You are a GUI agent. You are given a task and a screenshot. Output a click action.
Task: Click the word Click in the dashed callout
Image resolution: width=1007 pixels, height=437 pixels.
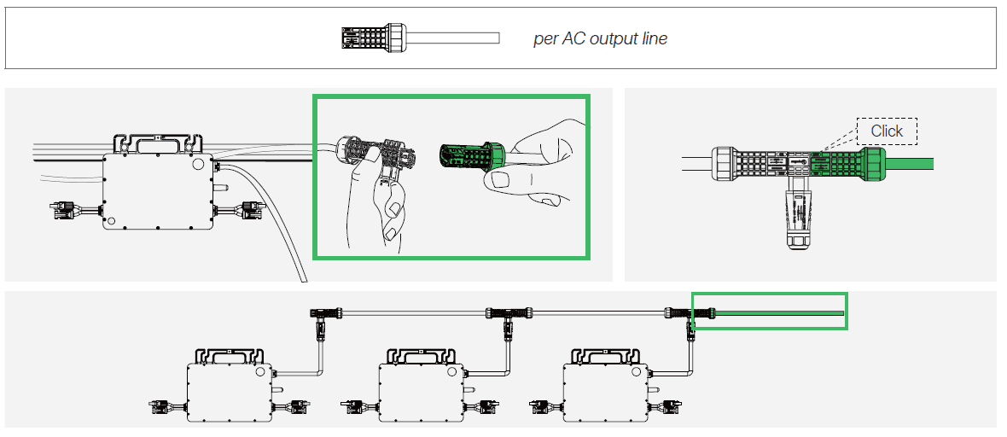click(x=887, y=131)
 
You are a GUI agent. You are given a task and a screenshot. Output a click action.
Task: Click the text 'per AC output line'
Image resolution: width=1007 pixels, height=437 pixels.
click(x=600, y=39)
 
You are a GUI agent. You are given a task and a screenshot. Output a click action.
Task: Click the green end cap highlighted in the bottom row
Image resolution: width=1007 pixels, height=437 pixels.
click(x=705, y=316)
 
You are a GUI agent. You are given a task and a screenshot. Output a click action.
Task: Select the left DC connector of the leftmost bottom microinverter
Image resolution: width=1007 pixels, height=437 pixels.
click(x=162, y=406)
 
